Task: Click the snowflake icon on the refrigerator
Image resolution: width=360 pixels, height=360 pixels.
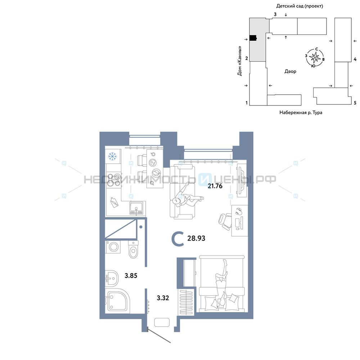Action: [x=112, y=156]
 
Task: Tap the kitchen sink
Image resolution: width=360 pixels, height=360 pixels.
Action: [x=136, y=208]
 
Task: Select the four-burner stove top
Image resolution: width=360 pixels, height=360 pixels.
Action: [x=114, y=180]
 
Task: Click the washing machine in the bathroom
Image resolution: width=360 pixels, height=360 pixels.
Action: [x=113, y=247]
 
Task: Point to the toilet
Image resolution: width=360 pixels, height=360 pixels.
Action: [x=133, y=249]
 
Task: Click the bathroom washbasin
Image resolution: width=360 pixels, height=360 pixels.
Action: [x=112, y=278]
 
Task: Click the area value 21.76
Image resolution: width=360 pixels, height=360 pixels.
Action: [x=215, y=186]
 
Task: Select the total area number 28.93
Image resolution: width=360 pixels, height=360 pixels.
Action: [x=196, y=238]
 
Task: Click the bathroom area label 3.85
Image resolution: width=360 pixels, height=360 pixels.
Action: [x=131, y=275]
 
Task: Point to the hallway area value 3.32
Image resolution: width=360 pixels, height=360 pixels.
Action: [x=163, y=298]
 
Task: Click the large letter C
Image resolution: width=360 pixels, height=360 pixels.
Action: [x=178, y=239]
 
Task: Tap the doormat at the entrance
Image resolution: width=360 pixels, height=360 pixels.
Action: [x=162, y=322]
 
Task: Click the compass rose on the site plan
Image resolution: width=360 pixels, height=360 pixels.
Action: [x=315, y=57]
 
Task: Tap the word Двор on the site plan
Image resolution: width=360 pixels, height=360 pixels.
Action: [x=290, y=71]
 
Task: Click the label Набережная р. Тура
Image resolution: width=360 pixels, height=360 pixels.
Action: [x=301, y=112]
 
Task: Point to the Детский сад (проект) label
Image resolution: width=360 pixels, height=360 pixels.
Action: [x=300, y=6]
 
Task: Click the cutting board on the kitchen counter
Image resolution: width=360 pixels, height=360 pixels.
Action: [x=114, y=202]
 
